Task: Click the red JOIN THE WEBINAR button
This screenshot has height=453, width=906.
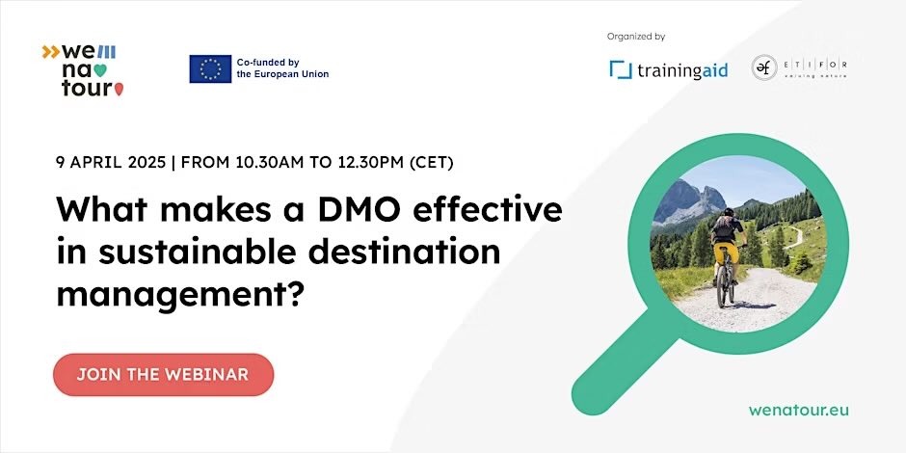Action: point(163,374)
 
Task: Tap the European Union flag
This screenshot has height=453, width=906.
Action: point(210,68)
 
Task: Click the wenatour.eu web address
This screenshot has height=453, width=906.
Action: point(799,410)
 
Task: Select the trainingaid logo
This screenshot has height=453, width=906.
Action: point(668,69)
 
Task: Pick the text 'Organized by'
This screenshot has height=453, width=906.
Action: point(636,37)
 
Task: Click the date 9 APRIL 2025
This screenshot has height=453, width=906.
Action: point(109,162)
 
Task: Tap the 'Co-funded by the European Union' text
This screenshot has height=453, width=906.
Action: point(282,68)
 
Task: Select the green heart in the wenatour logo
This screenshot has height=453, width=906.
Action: point(100,69)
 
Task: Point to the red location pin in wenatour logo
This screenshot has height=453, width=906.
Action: point(119,90)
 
